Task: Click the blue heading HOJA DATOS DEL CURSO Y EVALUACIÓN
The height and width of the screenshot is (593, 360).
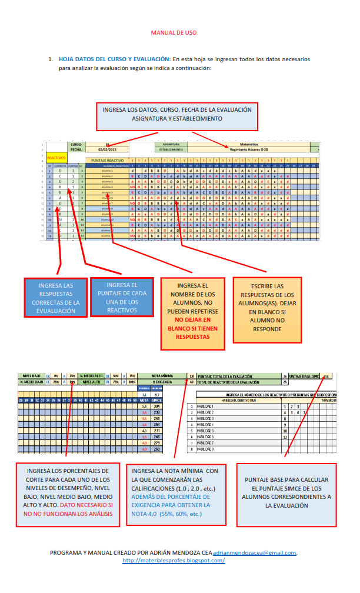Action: click(x=115, y=59)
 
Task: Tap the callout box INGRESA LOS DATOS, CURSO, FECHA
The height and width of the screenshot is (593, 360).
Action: click(x=177, y=114)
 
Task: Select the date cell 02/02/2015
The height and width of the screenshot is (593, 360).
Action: click(x=107, y=149)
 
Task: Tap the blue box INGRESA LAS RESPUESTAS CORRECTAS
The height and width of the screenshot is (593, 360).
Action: click(x=55, y=298)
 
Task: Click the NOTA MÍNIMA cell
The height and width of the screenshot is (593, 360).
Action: click(x=163, y=375)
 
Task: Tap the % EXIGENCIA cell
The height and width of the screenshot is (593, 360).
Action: click(x=163, y=382)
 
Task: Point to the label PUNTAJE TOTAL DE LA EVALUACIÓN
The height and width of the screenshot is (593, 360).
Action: click(x=226, y=375)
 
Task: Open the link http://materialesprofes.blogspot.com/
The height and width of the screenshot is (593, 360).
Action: click(x=174, y=560)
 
